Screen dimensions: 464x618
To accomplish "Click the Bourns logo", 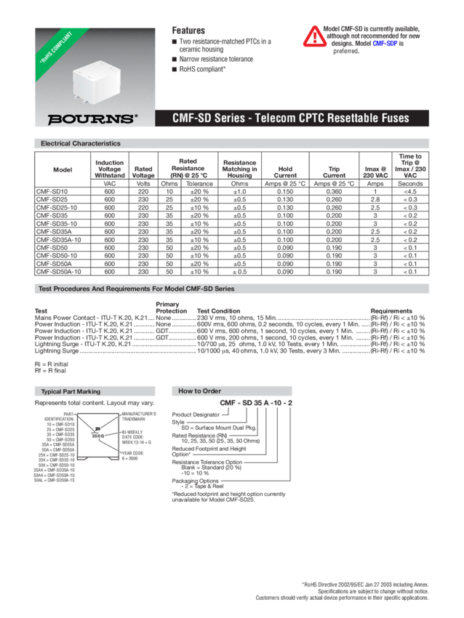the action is coord(92,118).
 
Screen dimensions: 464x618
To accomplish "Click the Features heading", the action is coord(188,31).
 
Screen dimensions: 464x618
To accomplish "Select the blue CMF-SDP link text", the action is coord(385,44).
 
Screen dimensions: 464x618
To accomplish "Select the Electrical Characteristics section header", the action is coord(81,143).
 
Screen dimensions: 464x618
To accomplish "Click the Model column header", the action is coord(63,169).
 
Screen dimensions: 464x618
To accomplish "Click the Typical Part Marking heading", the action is coord(71,391).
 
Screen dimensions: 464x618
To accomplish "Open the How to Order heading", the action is coord(201,391).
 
